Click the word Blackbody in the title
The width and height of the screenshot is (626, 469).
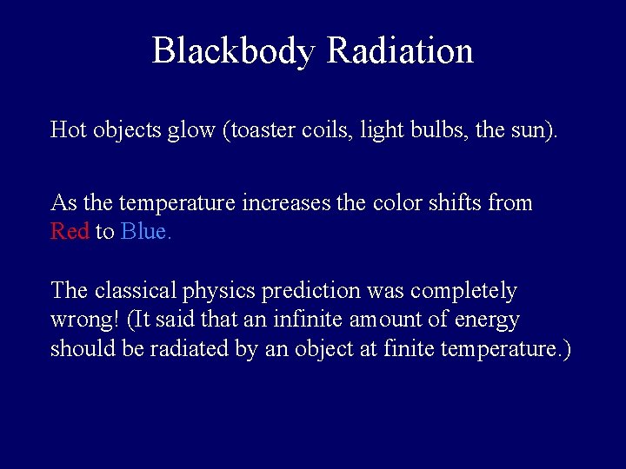click(232, 51)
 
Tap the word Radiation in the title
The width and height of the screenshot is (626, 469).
click(400, 51)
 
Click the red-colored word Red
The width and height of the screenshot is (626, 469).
click(70, 232)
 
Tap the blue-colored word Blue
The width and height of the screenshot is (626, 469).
click(146, 232)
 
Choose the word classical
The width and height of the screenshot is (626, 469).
click(132, 290)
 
